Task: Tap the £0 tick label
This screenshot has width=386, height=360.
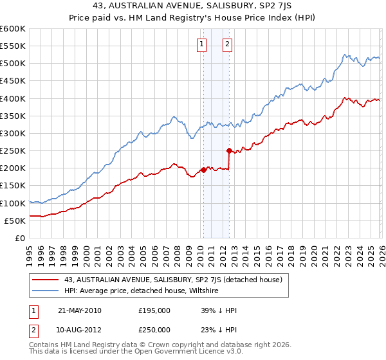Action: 20,238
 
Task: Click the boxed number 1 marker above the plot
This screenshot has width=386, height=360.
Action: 202,44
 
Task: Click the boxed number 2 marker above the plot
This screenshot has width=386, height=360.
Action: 228,44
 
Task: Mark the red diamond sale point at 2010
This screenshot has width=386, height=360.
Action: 203,170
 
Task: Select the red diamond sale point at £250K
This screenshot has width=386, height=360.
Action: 229,150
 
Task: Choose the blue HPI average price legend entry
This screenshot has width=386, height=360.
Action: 142,291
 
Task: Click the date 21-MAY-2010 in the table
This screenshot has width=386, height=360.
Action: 79,310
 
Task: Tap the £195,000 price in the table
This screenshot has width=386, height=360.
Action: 154,310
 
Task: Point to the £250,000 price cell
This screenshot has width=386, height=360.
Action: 154,329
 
